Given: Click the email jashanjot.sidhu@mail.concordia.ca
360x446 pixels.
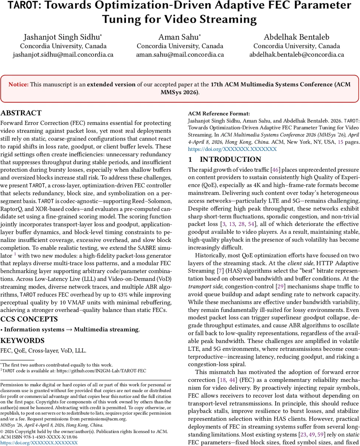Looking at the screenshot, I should (x=63, y=55).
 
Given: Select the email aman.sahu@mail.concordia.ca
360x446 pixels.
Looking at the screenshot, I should (x=180, y=55).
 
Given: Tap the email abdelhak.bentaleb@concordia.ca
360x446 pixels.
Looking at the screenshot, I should (x=296, y=55).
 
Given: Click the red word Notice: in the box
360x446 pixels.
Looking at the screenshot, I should (x=18, y=84).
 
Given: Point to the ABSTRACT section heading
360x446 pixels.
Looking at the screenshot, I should (x=21, y=113).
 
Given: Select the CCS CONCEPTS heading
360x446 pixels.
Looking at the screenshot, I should (x=29, y=319).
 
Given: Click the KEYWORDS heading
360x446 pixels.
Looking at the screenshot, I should (x=22, y=340).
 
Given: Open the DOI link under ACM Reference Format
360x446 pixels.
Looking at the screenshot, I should (x=232, y=149).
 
